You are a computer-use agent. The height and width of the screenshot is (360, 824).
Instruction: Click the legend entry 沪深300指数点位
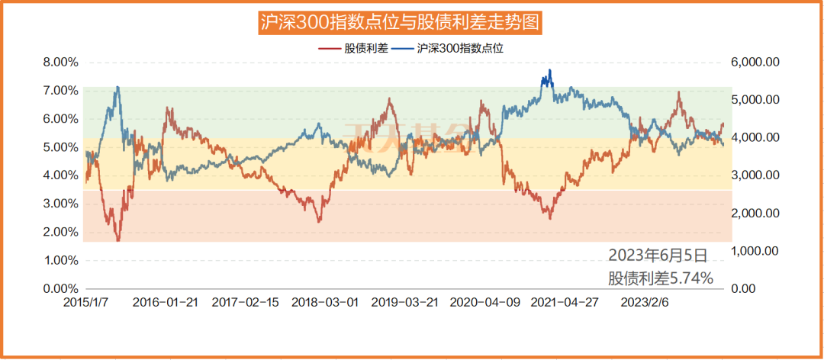pos(461,47)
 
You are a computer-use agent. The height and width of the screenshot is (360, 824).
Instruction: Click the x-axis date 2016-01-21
pos(165,302)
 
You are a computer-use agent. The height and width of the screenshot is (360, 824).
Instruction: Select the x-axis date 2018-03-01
pos(324,302)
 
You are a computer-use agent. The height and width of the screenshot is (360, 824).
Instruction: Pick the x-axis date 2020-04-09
pos(483,302)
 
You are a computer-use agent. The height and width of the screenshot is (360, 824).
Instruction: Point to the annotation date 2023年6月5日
pos(658,255)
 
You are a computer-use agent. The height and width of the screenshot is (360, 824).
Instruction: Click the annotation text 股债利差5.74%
pos(661,278)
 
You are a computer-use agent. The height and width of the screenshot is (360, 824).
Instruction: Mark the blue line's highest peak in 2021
pos(549,71)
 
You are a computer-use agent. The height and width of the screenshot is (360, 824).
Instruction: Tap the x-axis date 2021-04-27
pos(563,302)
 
